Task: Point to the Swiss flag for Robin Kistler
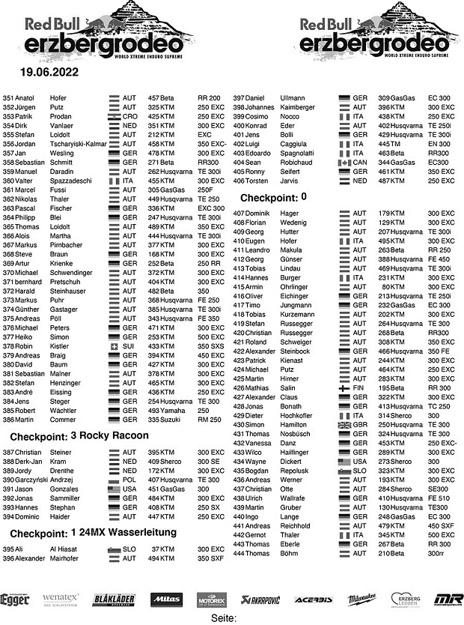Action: tap(115, 347)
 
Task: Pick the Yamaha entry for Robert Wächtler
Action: tap(161, 411)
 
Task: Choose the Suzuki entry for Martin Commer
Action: tap(161, 420)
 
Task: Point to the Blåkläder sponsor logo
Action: tap(114, 600)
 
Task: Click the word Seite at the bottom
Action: tap(224, 618)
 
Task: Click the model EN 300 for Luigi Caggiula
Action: tap(439, 144)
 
